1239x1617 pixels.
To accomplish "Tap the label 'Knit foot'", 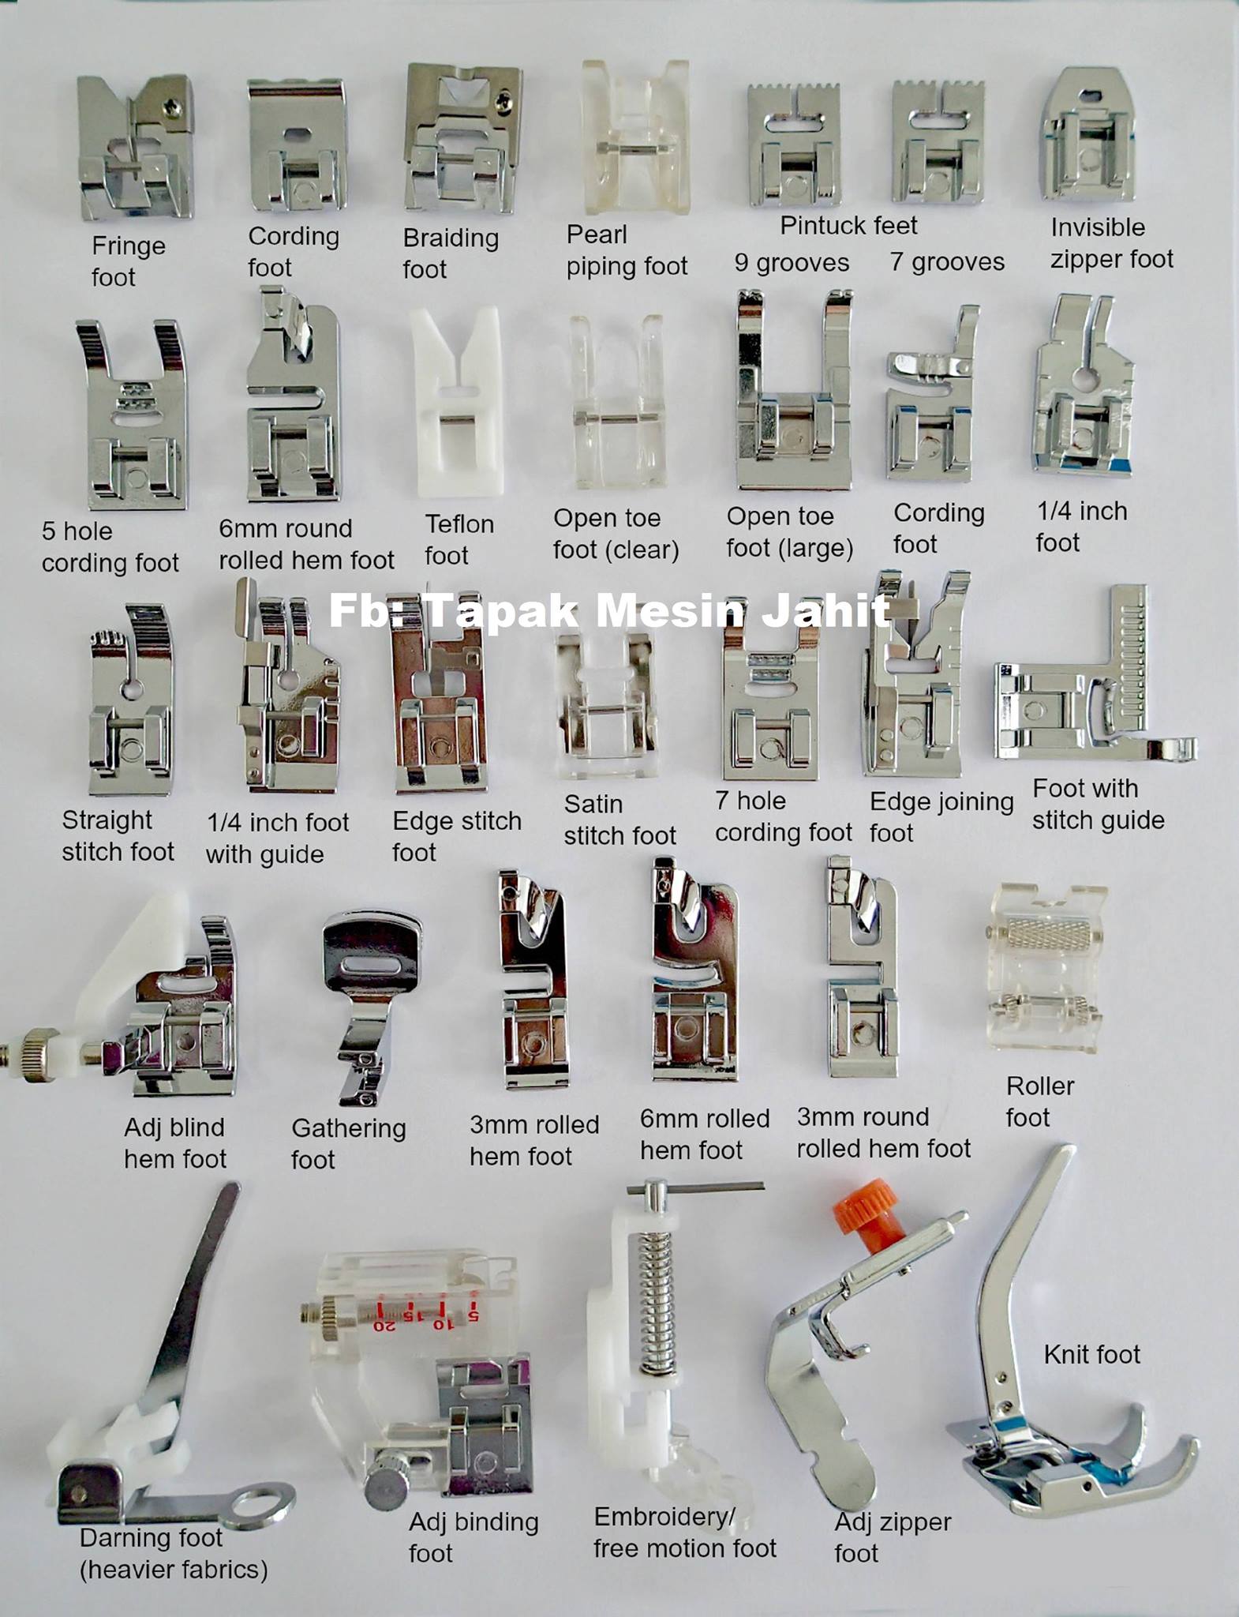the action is click(x=1091, y=1355).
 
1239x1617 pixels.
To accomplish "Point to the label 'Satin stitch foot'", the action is click(x=619, y=820).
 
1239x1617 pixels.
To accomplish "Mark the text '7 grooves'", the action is click(x=947, y=262).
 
